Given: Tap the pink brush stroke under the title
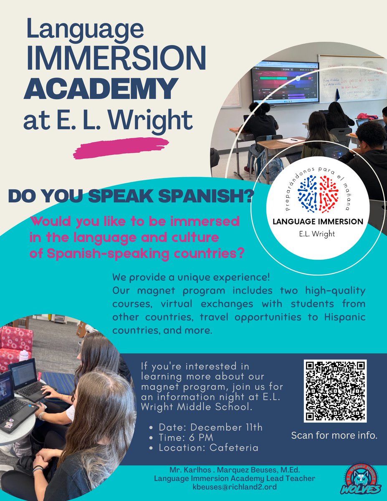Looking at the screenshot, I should point(121,148).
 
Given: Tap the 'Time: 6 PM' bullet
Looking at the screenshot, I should point(186,438).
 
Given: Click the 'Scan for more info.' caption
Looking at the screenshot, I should point(334,436).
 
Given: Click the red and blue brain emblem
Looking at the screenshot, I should point(318,193).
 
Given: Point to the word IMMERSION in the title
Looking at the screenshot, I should point(116,58).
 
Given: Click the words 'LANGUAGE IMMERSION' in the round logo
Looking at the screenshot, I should point(318,221).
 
